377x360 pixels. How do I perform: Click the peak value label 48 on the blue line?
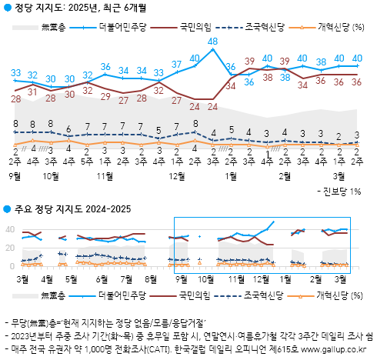[212, 41]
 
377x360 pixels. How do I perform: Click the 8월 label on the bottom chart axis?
[151, 277]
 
